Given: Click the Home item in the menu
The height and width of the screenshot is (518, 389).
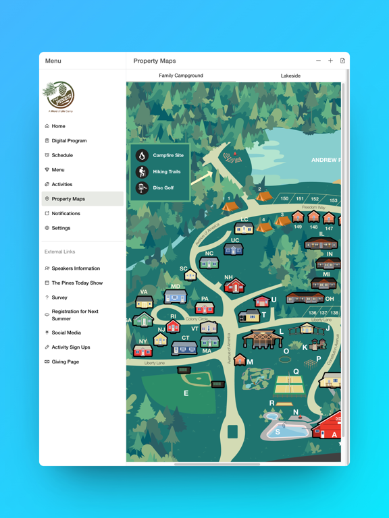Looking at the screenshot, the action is [59, 126].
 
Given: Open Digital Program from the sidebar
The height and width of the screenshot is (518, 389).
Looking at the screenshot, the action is [69, 141].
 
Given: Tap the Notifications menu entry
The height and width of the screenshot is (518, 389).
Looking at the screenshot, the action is [66, 213].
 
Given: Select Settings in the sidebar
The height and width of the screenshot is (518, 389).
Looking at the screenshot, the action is [61, 228].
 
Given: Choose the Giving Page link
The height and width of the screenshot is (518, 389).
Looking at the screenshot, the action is [66, 362].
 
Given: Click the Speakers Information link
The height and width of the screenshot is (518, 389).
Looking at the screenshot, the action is [76, 268].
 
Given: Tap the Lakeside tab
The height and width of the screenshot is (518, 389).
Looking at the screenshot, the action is [290, 76].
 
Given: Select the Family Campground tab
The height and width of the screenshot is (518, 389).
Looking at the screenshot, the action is [181, 76].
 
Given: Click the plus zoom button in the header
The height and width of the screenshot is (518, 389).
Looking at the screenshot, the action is [330, 61].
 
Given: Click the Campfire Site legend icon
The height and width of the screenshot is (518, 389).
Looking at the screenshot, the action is [142, 155].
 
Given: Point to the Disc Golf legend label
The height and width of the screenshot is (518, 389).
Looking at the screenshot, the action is [163, 188].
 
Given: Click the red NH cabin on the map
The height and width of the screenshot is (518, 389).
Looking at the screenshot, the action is [234, 287].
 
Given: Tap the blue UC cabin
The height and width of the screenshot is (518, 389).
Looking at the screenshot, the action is [234, 250].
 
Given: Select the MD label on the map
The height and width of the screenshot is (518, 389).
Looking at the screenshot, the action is [176, 287].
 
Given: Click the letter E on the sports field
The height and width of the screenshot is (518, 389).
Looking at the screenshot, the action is [186, 393].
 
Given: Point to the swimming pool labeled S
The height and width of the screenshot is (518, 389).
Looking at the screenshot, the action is [278, 430].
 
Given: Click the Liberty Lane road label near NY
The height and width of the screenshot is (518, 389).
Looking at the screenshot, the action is [155, 363].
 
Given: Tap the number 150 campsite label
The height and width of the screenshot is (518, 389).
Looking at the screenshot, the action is [284, 199].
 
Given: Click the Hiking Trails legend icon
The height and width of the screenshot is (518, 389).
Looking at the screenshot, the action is [142, 172].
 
